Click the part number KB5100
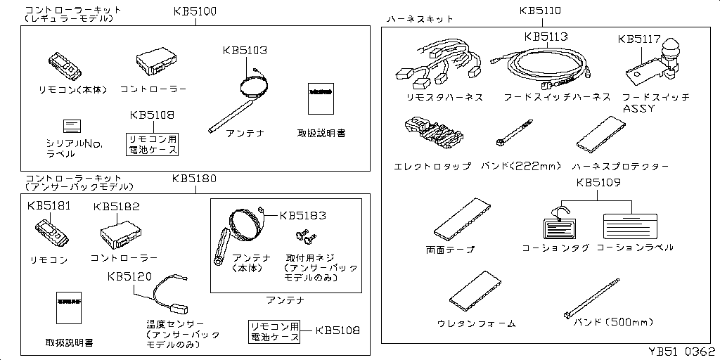[x=195, y=12]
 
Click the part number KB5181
[x=49, y=206]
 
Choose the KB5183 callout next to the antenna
[x=303, y=215]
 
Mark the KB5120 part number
[x=129, y=276]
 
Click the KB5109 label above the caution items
[x=598, y=184]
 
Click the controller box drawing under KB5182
[x=120, y=233]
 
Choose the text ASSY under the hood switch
[x=638, y=109]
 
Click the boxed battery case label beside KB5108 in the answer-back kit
[x=275, y=332]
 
